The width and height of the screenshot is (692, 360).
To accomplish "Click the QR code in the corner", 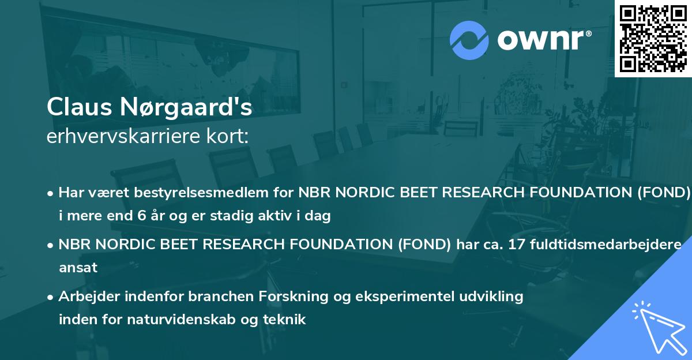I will point(653,39).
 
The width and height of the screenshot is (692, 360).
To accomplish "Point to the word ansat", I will point(78,268).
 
